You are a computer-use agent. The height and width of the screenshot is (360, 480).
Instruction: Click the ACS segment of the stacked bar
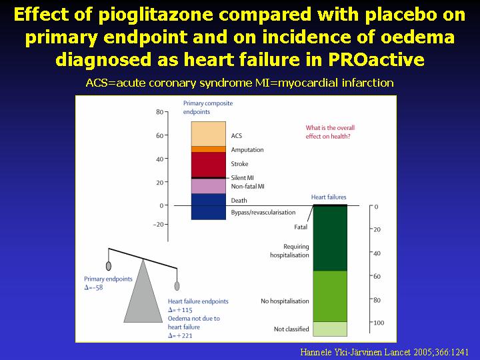click(x=209, y=134)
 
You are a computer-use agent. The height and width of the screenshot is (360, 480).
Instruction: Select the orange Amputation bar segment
click(x=209, y=149)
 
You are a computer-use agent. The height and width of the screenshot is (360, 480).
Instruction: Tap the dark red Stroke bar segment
click(x=209, y=165)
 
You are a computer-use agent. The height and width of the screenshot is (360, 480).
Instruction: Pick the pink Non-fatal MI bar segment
click(x=209, y=186)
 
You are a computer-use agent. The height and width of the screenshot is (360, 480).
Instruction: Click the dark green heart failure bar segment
click(x=330, y=239)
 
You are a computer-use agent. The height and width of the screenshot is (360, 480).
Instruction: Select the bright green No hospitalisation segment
click(x=330, y=296)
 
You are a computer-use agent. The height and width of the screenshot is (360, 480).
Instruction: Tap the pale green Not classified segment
click(x=330, y=329)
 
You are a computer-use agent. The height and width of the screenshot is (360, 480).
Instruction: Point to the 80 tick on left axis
click(x=160, y=112)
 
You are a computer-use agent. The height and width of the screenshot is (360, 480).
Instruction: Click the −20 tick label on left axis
click(x=159, y=225)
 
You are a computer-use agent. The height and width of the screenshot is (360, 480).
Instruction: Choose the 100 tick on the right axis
click(x=379, y=323)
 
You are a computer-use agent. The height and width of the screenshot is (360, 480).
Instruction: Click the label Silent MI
click(x=242, y=177)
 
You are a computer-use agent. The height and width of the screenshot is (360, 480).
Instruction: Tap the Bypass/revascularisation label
click(x=263, y=212)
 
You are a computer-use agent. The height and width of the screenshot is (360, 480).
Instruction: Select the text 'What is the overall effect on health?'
click(x=330, y=132)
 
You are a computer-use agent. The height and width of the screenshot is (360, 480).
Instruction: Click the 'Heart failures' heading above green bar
click(x=329, y=197)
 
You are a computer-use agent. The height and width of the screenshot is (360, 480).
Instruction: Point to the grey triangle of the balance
click(x=143, y=291)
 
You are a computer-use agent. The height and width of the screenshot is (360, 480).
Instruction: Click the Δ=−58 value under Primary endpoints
click(x=93, y=287)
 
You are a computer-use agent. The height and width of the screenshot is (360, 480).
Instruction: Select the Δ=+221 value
click(x=180, y=335)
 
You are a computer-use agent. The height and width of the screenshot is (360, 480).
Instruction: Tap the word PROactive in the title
click(x=376, y=59)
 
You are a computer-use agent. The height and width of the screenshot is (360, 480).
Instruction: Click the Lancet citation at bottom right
click(x=384, y=352)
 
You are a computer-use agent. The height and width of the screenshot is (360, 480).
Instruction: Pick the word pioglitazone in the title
click(x=155, y=15)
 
